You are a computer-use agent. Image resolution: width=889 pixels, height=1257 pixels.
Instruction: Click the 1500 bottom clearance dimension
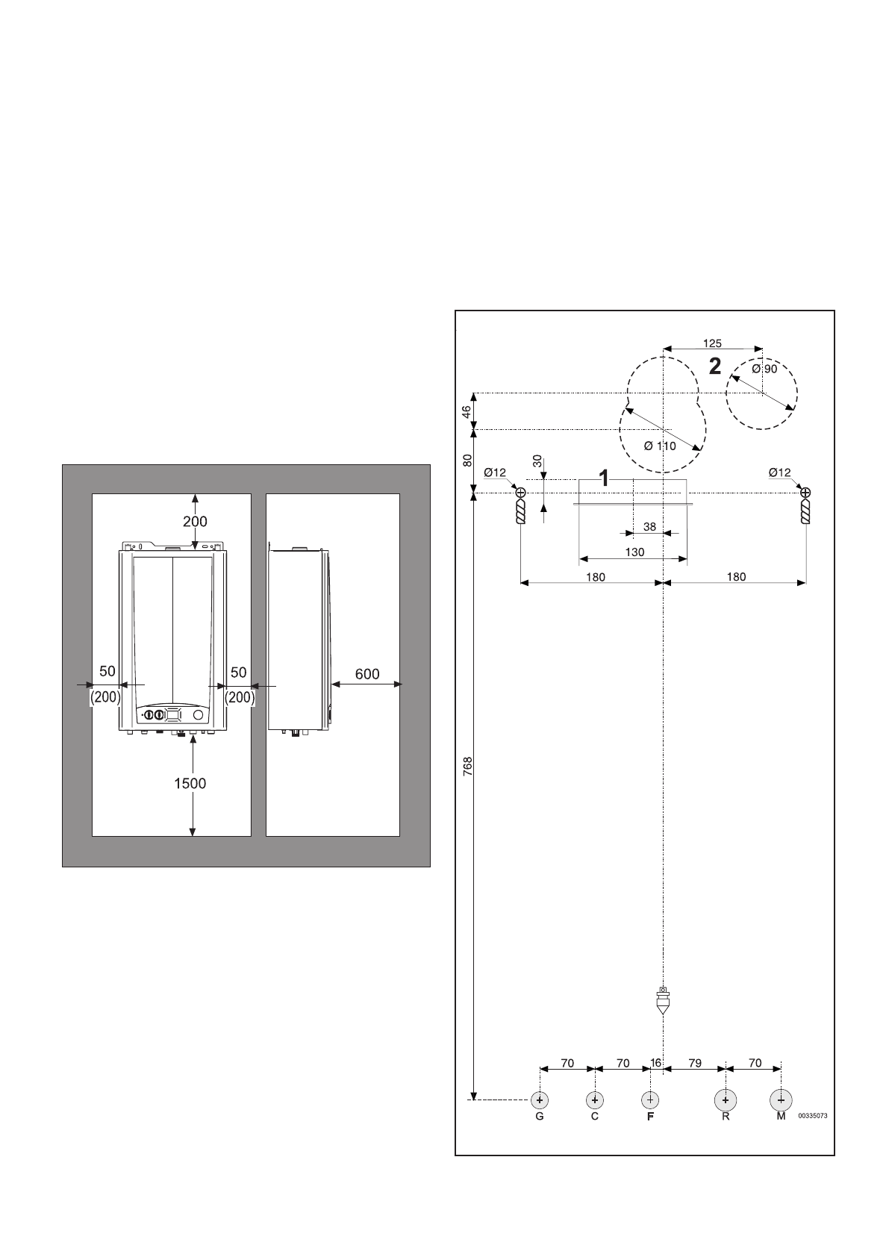(x=190, y=783)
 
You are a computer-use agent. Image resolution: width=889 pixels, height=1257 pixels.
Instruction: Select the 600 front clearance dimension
(x=366, y=674)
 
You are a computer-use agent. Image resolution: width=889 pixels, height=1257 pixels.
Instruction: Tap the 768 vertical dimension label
(x=468, y=770)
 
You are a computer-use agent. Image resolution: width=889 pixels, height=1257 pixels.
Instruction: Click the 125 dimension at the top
(x=713, y=343)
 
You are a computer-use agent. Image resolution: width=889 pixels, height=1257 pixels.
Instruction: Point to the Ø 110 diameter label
(x=660, y=446)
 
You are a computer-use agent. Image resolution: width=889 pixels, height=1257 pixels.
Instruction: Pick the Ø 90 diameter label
(x=764, y=369)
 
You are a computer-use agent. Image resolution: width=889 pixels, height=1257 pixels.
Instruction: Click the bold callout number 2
(x=715, y=367)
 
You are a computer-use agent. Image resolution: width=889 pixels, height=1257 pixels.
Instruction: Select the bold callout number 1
(x=604, y=478)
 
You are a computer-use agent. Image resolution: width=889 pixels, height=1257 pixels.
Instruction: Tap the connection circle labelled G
(x=539, y=1100)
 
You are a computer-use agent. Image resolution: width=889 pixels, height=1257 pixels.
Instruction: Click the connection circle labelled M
(x=781, y=1100)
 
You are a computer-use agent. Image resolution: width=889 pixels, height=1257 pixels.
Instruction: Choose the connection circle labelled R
(x=725, y=1100)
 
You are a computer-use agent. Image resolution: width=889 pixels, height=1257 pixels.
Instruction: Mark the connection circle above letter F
(x=650, y=1100)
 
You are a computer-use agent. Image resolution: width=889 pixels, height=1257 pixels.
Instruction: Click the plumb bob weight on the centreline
(x=662, y=1001)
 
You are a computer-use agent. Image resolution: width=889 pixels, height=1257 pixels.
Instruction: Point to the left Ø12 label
(x=495, y=472)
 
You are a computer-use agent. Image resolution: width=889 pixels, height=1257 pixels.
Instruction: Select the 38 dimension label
(x=649, y=527)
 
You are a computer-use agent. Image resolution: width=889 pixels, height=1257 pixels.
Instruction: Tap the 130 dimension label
(x=634, y=552)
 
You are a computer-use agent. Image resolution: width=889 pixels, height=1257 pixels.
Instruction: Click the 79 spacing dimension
(x=694, y=1064)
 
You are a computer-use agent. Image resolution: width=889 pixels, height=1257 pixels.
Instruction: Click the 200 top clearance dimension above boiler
(x=196, y=521)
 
